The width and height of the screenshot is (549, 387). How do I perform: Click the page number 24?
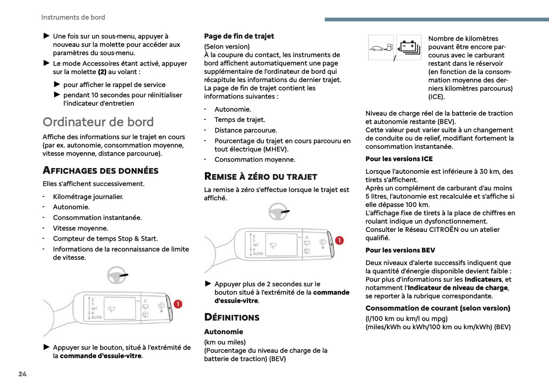click(22, 374)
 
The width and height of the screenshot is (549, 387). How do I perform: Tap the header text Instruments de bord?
click(73, 17)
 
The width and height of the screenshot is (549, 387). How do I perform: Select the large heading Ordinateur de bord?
click(98, 122)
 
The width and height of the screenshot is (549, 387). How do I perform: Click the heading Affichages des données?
click(100, 171)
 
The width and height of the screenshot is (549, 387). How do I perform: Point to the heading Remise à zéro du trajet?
click(260, 177)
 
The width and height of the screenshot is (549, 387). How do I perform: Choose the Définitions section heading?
click(232, 317)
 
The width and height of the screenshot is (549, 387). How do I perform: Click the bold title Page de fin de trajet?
click(239, 36)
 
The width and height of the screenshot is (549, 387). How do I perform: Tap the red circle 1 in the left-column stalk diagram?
click(178, 304)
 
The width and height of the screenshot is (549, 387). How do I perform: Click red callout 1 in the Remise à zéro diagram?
click(339, 241)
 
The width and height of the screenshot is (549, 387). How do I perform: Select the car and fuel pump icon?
click(381, 48)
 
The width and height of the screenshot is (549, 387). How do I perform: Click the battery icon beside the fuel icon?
click(409, 48)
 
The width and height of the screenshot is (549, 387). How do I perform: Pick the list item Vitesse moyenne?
click(81, 228)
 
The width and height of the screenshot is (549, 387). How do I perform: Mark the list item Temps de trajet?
click(240, 120)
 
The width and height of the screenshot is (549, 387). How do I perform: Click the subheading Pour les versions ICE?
click(399, 159)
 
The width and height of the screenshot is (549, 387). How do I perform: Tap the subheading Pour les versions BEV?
click(400, 250)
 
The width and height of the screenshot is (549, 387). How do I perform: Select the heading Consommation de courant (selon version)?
click(438, 308)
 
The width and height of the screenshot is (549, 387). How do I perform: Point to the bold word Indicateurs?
click(483, 279)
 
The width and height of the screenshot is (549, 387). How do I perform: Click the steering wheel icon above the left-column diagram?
click(117, 275)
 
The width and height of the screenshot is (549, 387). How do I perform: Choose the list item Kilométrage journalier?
click(88, 197)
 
